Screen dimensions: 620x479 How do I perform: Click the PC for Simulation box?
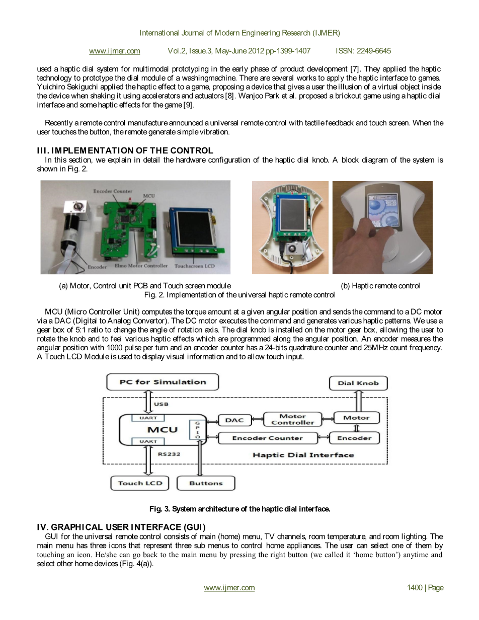point(163,382)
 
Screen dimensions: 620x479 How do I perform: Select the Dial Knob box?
point(358,383)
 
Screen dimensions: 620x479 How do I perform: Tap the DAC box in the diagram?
point(234,420)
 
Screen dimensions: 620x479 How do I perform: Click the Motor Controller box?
point(292,419)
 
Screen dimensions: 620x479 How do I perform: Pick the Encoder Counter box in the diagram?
point(268,438)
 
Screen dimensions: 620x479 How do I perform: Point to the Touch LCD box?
point(140,483)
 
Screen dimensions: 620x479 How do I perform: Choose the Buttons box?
point(206,483)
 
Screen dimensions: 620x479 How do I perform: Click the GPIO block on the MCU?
point(197,431)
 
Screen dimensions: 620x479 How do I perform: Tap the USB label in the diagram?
point(161,404)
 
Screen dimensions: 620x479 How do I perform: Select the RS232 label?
point(169,454)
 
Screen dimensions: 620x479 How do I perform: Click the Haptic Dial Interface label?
point(303,455)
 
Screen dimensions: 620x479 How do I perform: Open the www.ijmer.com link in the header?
point(114,51)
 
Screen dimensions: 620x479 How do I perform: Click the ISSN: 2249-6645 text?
point(363,51)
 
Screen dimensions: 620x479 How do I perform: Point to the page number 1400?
point(425,588)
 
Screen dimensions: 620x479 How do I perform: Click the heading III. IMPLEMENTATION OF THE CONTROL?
point(125,150)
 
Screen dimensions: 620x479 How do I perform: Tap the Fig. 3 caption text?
point(239,509)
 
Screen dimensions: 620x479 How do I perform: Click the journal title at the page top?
point(239,33)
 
